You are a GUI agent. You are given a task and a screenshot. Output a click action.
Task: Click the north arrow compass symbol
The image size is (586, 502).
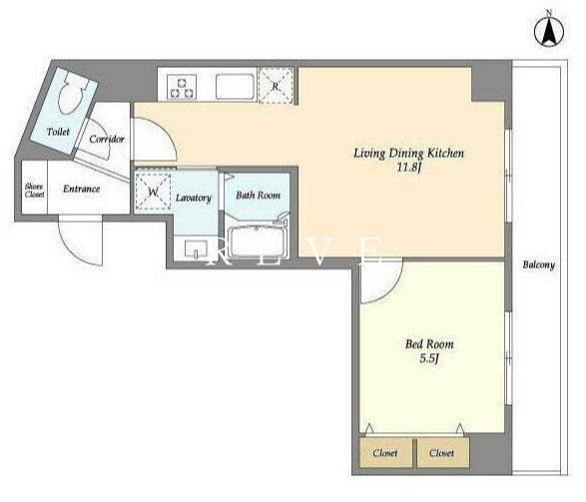click(x=549, y=32)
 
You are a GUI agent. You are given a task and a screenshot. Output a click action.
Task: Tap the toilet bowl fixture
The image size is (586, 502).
click(x=72, y=92)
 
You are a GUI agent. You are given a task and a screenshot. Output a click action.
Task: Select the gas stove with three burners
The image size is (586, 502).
click(x=182, y=86)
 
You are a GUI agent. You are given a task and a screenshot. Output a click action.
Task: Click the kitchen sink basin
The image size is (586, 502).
click(x=235, y=86)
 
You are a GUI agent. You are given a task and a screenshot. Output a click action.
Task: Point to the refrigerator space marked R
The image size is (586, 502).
click(x=276, y=86)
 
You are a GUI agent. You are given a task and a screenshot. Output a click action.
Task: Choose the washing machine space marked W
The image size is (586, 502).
click(x=153, y=192)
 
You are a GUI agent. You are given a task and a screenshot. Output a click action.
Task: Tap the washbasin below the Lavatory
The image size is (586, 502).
click(x=196, y=248)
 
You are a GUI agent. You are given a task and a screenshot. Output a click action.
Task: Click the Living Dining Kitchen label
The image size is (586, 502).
click(x=409, y=153)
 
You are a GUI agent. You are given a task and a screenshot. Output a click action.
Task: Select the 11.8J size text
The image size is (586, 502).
click(x=409, y=168)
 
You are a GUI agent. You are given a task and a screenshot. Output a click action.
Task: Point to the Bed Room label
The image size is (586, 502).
click(x=429, y=344)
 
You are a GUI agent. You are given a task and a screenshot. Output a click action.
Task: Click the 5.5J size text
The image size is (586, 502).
click(x=428, y=358)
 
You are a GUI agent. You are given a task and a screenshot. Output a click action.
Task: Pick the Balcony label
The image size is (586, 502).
click(x=538, y=264)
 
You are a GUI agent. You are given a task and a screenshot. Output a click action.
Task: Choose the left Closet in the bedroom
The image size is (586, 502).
click(x=385, y=453)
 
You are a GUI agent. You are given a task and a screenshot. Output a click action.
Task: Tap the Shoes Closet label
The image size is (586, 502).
click(x=34, y=190)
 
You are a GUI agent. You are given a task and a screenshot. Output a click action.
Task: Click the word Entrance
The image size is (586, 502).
click(x=82, y=189)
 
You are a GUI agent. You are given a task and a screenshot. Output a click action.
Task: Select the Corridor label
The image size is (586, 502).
click(x=107, y=139)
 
